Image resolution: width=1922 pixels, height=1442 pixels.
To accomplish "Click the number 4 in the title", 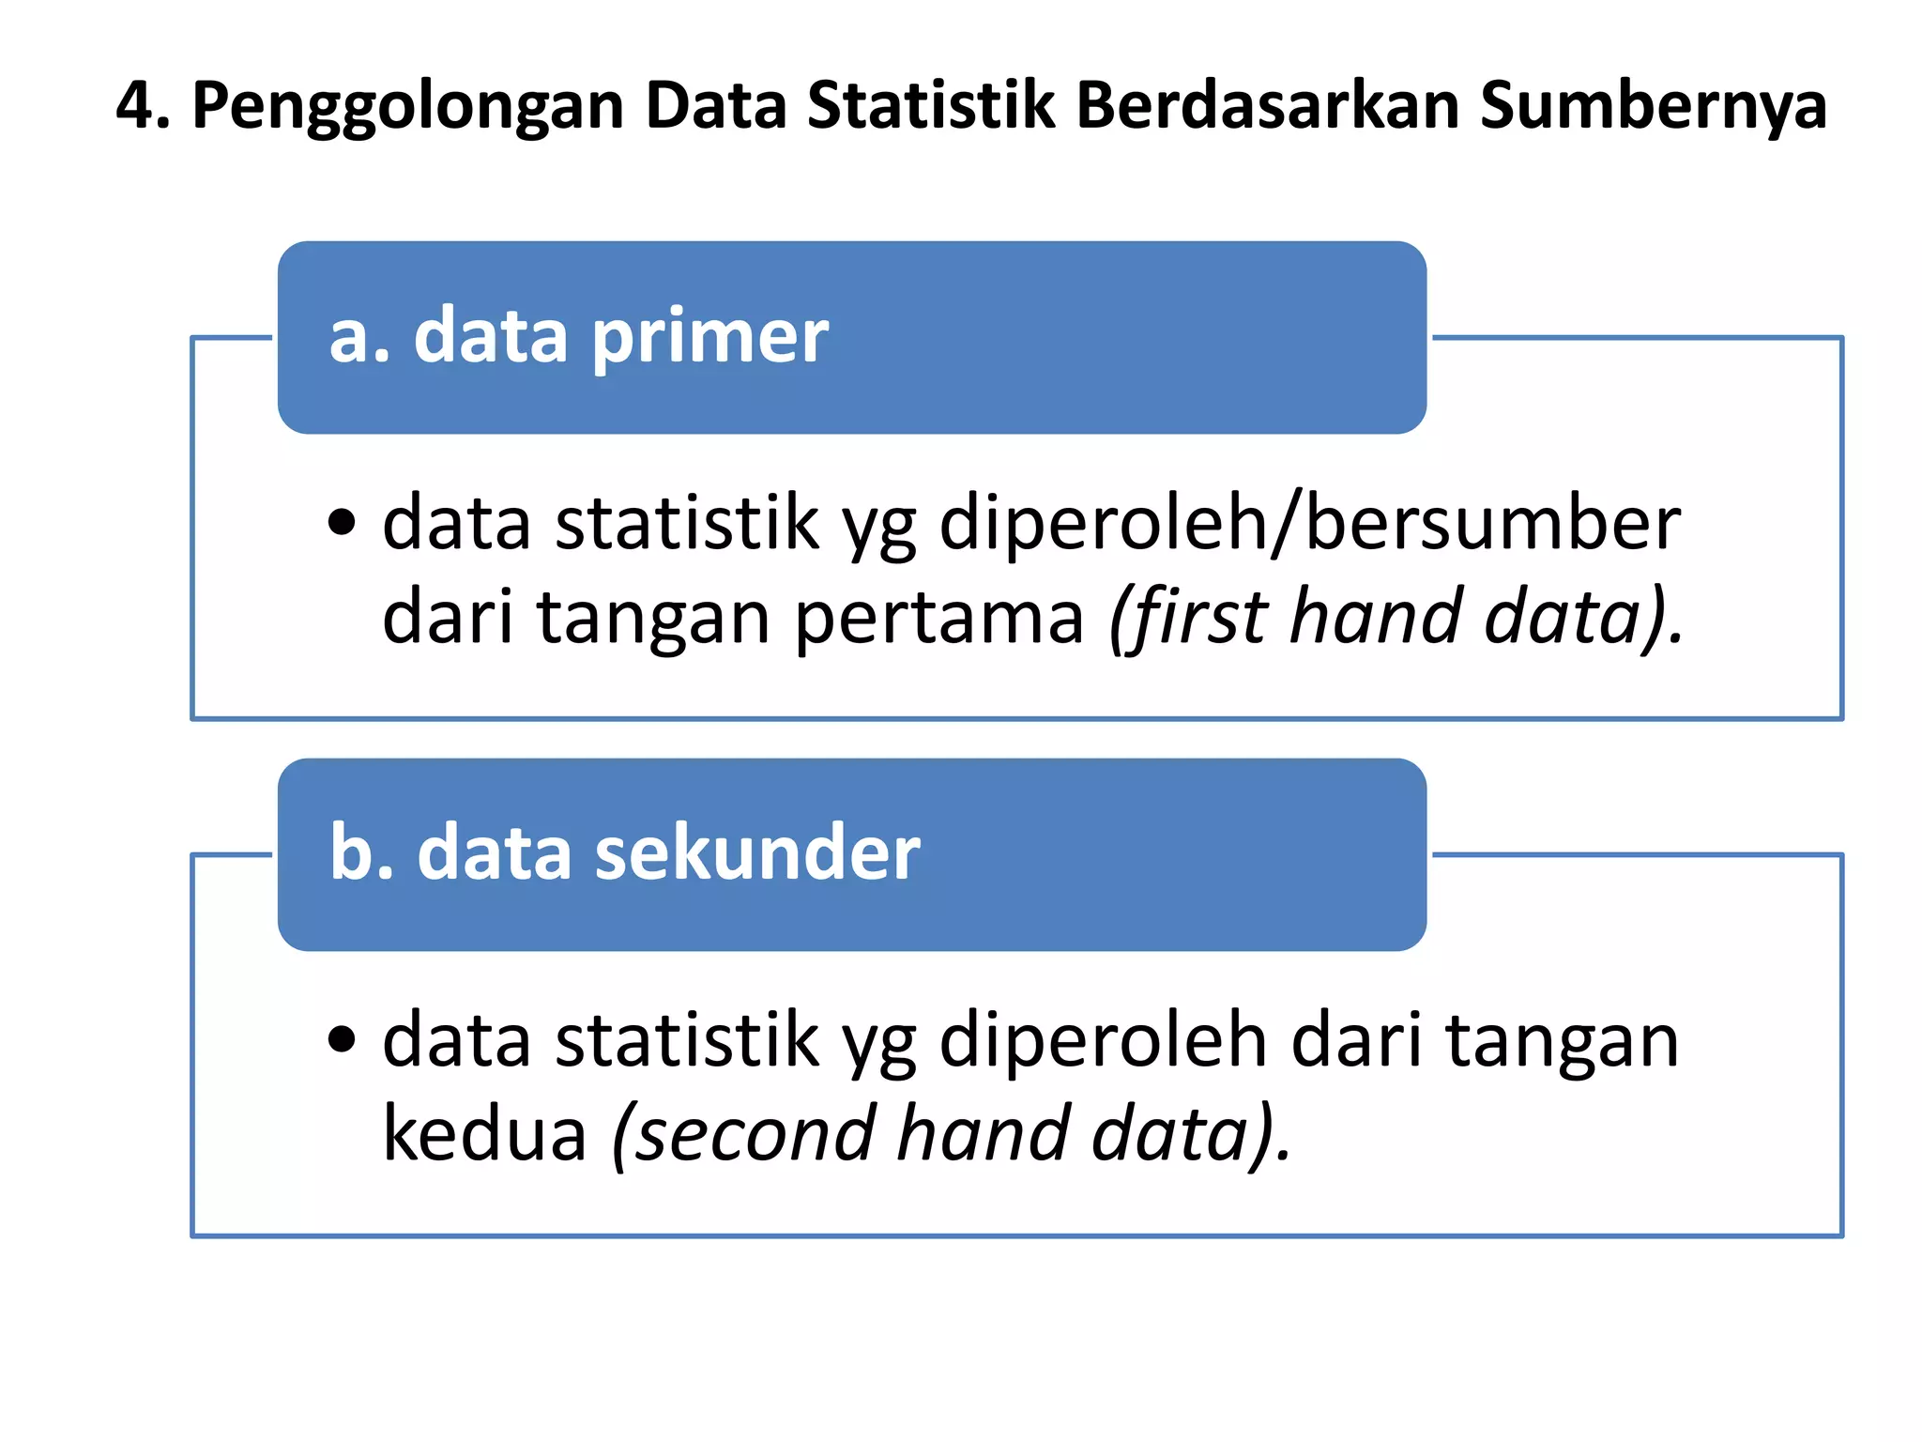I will coord(136,105).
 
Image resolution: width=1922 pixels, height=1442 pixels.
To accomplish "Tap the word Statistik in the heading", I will coord(931,105).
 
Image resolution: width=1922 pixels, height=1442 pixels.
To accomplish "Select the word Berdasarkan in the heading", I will coord(1267,105).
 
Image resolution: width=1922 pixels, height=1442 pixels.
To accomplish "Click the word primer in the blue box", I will coord(710,338).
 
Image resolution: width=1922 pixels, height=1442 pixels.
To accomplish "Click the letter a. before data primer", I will coord(358,338).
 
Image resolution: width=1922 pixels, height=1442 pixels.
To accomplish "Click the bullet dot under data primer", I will coord(343,522).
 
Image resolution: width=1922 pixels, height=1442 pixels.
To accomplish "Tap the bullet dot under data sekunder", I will coord(343,1038).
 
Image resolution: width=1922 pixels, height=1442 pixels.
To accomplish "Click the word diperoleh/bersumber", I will coord(1309,524).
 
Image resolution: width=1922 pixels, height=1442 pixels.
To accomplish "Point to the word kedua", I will coord(484,1133).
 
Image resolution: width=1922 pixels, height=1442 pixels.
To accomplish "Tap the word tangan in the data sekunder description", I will coord(1561,1043).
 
